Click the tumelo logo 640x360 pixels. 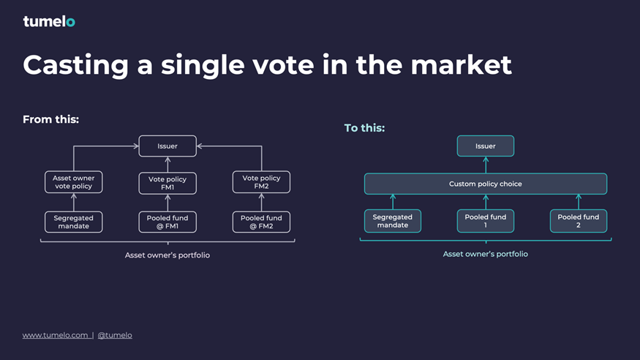49,21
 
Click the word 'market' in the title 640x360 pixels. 461,65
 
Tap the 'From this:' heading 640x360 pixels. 50,119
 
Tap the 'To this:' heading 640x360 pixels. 364,128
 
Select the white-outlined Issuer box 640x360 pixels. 167,146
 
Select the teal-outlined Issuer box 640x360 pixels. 486,146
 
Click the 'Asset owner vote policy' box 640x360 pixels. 73,182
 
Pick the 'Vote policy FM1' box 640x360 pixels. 167,183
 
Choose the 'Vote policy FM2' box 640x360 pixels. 261,182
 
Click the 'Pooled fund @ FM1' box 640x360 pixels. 167,222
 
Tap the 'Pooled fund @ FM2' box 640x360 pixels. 261,222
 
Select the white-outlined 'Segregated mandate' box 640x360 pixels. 73,222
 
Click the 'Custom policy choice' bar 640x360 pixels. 486,184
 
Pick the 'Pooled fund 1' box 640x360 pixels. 486,221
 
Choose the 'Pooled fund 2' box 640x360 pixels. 579,221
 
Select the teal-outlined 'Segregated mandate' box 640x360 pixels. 393,221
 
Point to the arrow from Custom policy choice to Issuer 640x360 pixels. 486,165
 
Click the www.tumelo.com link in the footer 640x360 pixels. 55,335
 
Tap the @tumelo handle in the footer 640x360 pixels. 115,335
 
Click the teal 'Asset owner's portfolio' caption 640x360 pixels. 486,255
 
